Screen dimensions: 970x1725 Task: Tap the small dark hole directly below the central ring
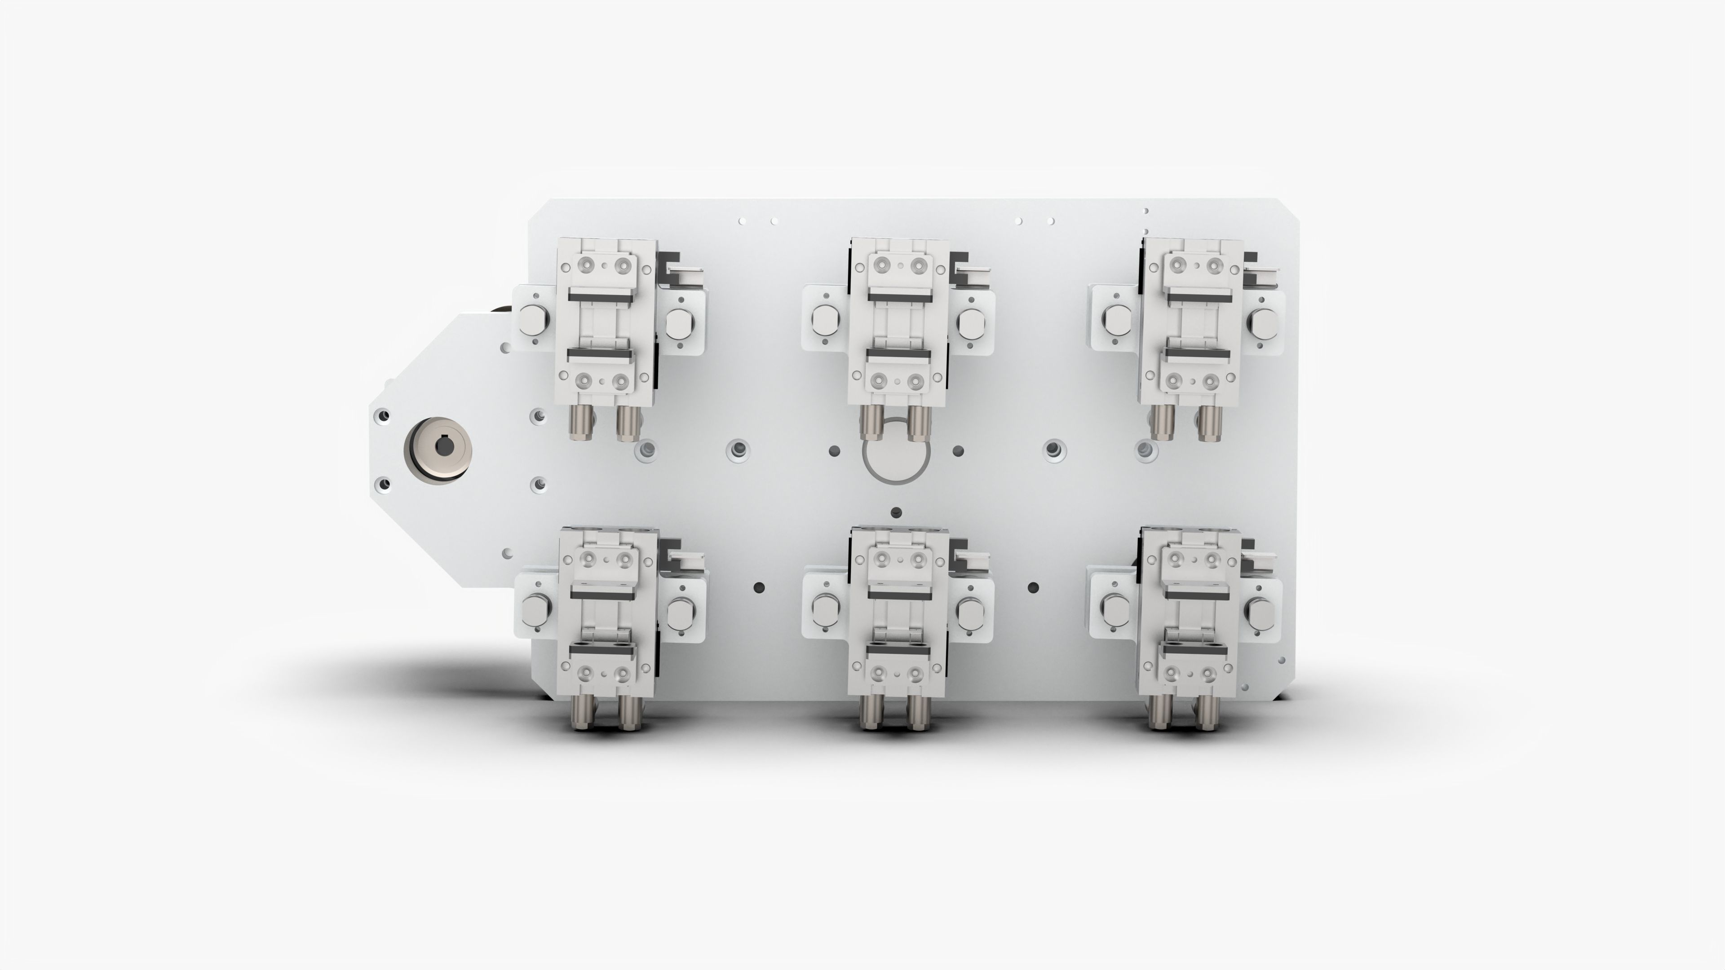tap(897, 513)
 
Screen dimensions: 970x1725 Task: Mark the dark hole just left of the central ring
tap(834, 450)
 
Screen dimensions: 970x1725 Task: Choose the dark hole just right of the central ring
tap(958, 450)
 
